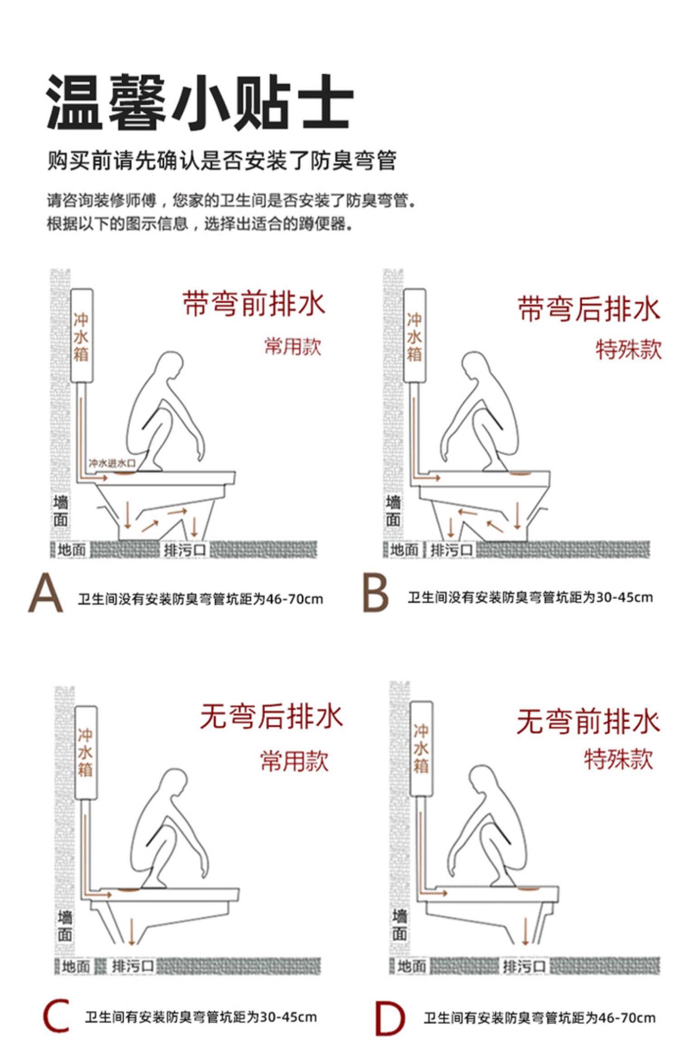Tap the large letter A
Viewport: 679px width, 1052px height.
45,593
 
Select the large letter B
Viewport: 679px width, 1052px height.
376,593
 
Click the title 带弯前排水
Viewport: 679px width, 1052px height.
254,303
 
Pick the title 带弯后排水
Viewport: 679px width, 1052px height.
589,309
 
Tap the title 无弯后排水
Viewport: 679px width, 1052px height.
271,716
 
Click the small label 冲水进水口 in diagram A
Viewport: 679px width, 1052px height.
112,463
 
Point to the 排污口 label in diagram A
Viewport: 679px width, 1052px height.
185,550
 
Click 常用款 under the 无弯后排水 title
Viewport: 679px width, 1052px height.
294,760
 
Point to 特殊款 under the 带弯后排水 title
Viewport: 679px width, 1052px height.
628,349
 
